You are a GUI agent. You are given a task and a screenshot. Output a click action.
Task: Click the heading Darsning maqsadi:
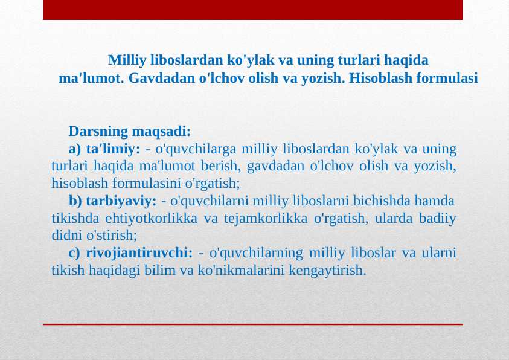(130, 131)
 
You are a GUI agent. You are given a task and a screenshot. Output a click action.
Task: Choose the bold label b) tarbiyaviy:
(113, 200)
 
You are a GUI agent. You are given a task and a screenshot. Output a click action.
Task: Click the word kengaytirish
(328, 269)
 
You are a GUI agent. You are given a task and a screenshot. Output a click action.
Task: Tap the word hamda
(439, 200)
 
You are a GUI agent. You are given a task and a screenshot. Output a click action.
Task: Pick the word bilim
(160, 269)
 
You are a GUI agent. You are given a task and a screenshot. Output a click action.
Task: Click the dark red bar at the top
(253, 10)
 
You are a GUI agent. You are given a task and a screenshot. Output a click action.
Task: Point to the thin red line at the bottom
(253, 324)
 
